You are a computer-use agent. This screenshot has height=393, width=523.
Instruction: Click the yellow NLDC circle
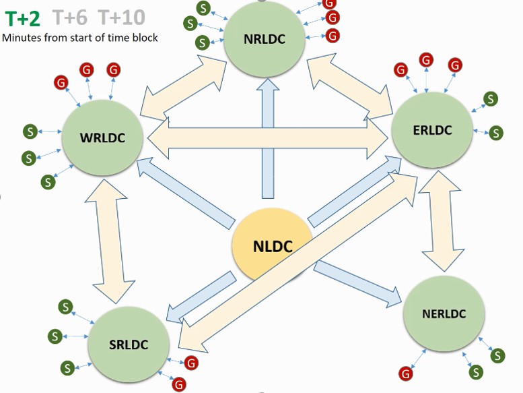273,246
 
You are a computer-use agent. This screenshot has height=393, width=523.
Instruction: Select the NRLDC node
265,38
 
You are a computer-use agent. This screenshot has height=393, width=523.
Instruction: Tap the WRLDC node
102,138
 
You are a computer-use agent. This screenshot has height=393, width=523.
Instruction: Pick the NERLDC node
444,314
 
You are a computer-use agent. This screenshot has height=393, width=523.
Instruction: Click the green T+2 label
24,16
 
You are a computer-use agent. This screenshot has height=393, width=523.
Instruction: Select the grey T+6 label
70,16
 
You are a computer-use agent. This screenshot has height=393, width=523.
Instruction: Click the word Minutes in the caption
22,37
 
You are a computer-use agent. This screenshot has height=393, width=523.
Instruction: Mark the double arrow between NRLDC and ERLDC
351,84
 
